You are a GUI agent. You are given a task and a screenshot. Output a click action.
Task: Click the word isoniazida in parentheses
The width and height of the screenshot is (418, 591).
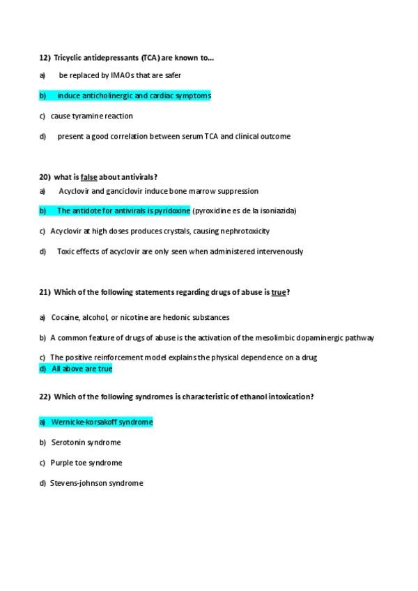277,210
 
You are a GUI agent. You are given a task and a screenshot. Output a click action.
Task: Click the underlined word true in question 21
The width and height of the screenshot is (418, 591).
279,292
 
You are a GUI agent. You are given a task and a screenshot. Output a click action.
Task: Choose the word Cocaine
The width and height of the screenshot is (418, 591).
65,317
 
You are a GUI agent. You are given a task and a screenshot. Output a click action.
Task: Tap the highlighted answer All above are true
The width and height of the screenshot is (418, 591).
82,369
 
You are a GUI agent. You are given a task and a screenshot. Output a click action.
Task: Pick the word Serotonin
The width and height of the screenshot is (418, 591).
68,443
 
